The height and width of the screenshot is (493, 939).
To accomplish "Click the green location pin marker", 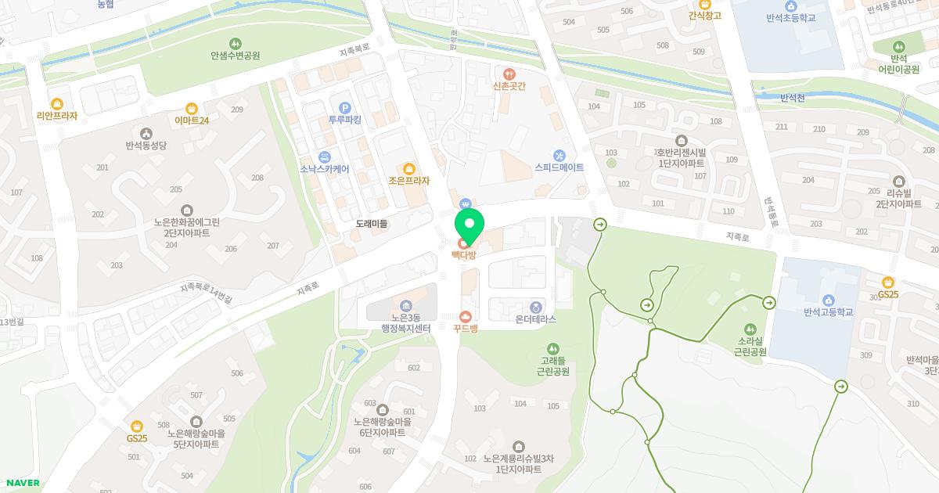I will [x=469, y=224].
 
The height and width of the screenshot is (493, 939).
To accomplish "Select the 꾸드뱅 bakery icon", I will [x=466, y=316].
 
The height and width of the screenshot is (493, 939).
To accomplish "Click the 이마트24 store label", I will [x=192, y=121].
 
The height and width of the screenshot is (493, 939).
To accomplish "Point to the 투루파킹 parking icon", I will [x=344, y=107].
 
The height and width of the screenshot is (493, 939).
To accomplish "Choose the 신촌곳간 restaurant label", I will [x=509, y=86].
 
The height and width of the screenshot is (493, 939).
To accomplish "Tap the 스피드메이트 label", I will [x=559, y=167].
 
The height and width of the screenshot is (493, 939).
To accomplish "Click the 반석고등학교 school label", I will [x=828, y=312].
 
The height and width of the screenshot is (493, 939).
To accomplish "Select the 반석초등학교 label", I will [x=790, y=17].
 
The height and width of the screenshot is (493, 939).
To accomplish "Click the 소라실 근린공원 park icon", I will [x=750, y=329].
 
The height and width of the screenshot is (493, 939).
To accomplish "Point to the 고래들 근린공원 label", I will [x=553, y=365].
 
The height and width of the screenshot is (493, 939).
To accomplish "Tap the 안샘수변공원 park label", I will [x=235, y=56].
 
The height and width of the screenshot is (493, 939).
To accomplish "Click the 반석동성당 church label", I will [x=146, y=145].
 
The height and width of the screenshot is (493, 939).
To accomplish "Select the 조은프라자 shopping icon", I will [x=408, y=168].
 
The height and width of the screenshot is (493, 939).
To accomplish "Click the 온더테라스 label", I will [x=536, y=319].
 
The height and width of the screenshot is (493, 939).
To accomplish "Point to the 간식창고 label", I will [x=704, y=16].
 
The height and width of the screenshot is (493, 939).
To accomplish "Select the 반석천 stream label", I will [x=797, y=98].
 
